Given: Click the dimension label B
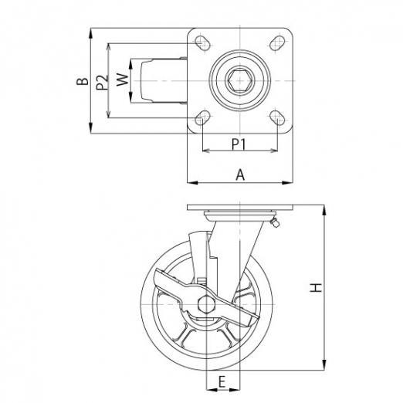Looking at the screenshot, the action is coord(82,81).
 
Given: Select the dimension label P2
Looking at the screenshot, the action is coord(102,82).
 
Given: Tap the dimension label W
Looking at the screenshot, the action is coord(122,80).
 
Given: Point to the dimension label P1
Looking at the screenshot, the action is coord(239,144).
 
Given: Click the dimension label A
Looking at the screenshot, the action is coord(240,175).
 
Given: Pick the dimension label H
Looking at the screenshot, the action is coord(316,287).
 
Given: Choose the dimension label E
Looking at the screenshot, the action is coord(222,381).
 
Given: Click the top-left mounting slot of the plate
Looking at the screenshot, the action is coord(202,43).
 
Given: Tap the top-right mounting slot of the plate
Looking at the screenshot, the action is coord(277,43).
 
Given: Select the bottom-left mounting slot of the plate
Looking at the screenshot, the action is coord(202,118).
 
